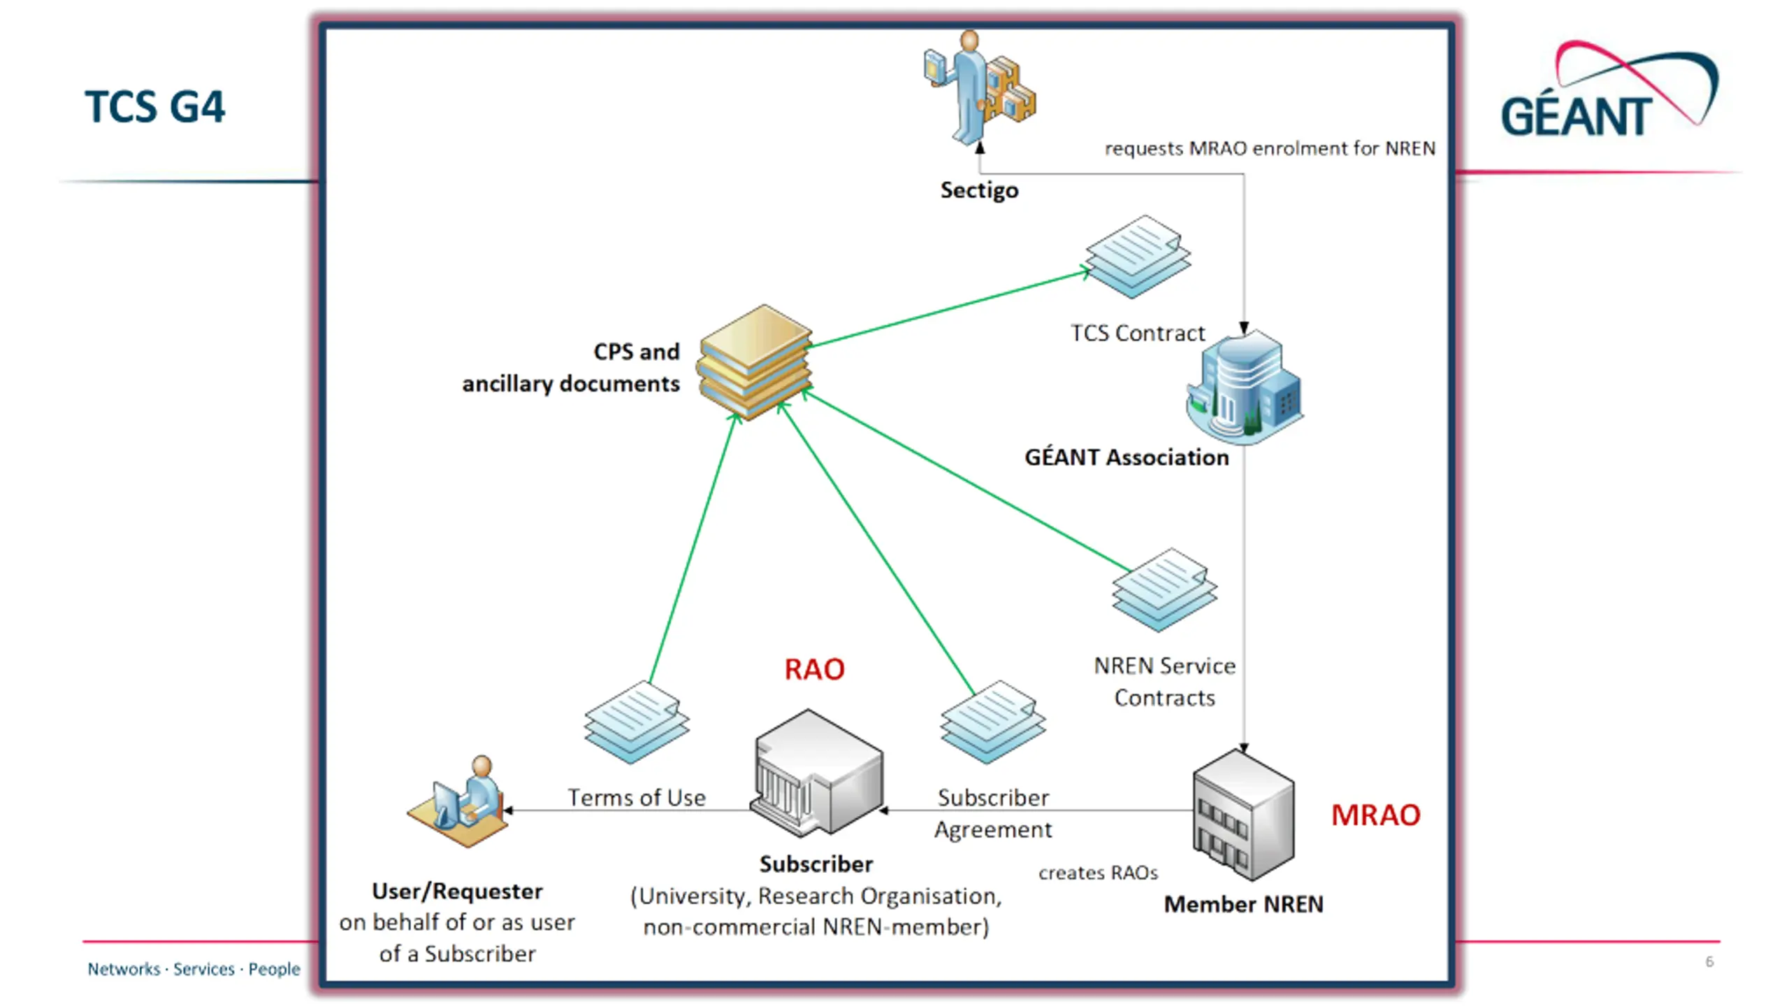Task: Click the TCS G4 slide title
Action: coord(154,107)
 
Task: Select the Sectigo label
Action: coord(979,190)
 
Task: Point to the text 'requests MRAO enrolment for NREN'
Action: coord(1270,148)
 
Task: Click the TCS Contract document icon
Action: coord(1138,257)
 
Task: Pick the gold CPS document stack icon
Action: coord(755,362)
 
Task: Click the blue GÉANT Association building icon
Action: coord(1245,388)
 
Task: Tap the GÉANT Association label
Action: coord(1127,457)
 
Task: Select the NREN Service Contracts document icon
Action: coord(1164,590)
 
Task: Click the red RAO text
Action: coord(814,669)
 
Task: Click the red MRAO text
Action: coord(1375,815)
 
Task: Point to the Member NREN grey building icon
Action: coord(1243,815)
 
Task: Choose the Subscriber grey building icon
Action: coord(818,773)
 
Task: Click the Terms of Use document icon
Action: coord(637,721)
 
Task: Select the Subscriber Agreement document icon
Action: coord(992,721)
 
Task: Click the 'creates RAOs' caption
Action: coord(1098,873)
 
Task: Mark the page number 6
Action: coord(1709,962)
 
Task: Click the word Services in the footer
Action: coord(203,969)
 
